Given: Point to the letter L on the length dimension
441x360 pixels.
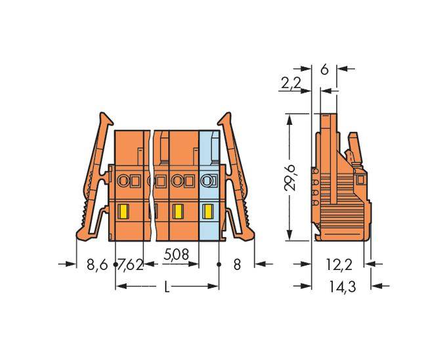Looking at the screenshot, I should pos(167,287).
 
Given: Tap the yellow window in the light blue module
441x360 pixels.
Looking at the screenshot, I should pos(208,212).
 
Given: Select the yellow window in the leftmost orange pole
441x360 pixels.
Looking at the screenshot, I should pos(122,212).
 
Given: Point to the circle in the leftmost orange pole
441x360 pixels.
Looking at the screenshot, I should pos(122,180).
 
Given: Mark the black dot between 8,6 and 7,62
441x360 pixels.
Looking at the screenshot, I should pos(115,264).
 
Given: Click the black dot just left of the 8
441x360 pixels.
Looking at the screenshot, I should pos(219,264).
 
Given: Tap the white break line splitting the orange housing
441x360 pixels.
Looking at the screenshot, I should pos(155,184).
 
